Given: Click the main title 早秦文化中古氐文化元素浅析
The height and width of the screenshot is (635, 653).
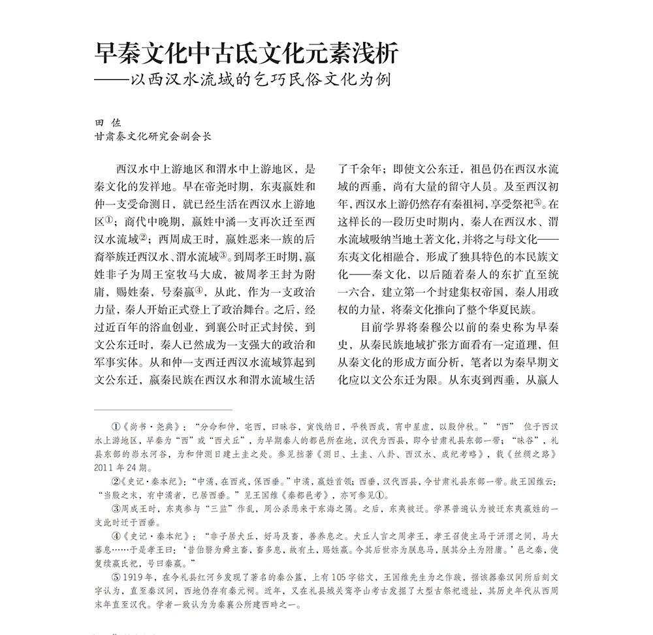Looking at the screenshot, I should click(x=247, y=54).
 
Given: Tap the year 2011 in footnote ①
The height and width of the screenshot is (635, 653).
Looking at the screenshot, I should click(x=106, y=467).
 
